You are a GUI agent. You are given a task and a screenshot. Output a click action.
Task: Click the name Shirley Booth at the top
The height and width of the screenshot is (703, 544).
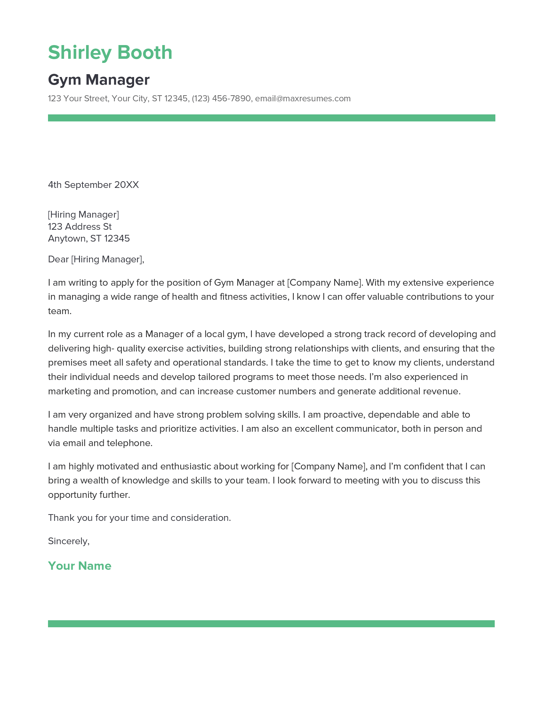110,52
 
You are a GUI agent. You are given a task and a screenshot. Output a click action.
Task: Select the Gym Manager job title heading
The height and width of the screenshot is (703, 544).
99,80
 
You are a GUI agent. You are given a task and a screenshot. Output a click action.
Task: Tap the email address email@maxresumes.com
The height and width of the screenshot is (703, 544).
303,98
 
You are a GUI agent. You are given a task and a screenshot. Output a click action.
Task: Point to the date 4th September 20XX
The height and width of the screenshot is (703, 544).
93,185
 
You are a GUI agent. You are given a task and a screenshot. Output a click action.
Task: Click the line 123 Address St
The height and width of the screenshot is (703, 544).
80,227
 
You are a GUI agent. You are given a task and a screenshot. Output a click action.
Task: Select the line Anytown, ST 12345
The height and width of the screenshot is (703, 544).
89,238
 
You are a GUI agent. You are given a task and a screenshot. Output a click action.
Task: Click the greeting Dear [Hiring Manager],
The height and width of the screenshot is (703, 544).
96,259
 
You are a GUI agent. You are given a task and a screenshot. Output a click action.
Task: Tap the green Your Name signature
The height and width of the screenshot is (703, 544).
80,566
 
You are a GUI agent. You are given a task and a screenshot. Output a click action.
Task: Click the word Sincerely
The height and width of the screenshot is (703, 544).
68,541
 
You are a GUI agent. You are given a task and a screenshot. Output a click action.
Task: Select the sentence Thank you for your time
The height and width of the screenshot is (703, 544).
139,518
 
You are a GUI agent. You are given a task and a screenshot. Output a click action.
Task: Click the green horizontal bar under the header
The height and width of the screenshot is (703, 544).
271,118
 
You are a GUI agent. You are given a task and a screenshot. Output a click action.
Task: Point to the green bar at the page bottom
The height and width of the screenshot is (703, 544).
271,623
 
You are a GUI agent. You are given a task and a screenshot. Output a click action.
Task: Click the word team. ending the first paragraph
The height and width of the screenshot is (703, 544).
59,311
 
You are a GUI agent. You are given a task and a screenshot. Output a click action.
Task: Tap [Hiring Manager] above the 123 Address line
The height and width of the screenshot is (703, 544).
84,214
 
